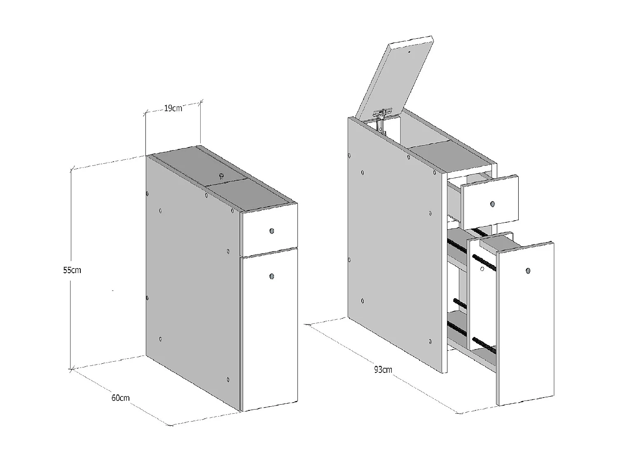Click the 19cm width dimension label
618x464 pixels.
click(173, 108)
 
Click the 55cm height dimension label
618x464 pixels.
click(72, 270)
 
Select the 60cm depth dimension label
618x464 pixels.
click(120, 398)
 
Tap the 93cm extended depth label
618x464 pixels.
click(383, 369)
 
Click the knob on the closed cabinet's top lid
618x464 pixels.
click(221, 176)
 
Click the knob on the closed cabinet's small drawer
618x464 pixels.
click(272, 231)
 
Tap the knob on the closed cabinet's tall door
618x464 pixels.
click(272, 276)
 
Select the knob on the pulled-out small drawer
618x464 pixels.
click(493, 204)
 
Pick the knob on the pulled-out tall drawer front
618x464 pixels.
click(528, 271)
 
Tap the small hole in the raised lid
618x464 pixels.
click(409, 52)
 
